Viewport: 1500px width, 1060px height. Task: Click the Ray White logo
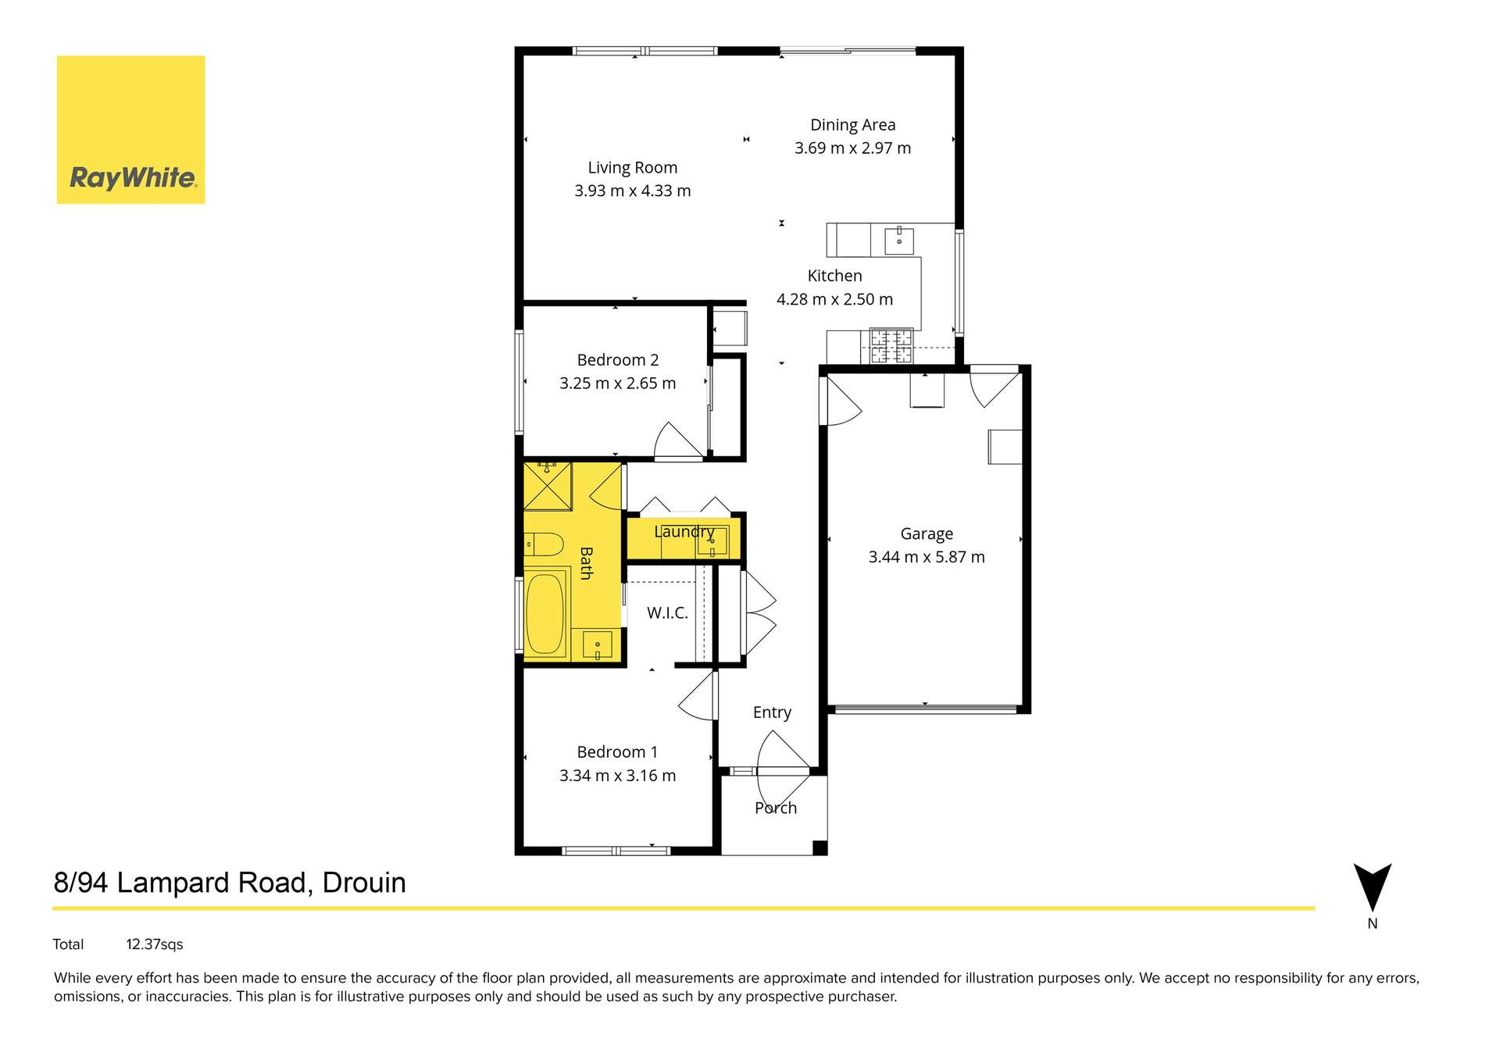point(130,130)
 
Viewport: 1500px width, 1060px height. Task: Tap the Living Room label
point(632,168)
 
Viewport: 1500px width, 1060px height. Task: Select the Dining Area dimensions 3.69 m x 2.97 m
point(852,148)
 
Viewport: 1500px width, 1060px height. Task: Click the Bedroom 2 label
point(617,360)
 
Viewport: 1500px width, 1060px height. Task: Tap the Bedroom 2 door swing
point(677,441)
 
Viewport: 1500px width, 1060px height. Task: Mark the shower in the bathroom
point(547,487)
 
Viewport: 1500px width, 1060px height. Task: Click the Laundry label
point(684,532)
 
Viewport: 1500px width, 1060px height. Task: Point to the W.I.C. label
point(667,613)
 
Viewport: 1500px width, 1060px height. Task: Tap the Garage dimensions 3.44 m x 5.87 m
point(927,557)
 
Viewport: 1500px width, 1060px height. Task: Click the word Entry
point(772,712)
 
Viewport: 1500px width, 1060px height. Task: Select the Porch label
point(775,808)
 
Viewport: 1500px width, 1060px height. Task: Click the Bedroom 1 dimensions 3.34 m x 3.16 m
point(617,776)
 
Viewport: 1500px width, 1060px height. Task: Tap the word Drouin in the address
point(364,883)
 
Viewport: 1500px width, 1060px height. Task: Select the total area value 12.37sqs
point(155,944)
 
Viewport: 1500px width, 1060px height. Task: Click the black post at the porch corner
point(820,848)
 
